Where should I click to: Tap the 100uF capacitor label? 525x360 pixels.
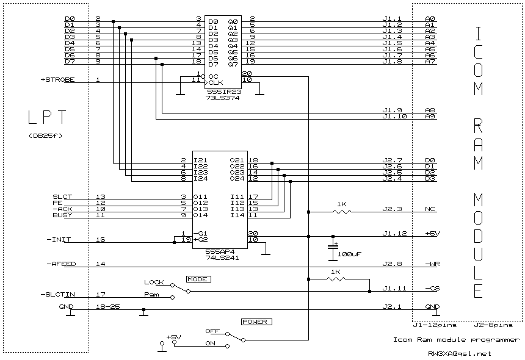[x=350, y=253]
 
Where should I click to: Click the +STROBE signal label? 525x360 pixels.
[x=57, y=80]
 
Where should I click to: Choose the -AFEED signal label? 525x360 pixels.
[x=60, y=264]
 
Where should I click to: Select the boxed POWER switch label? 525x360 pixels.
[x=256, y=321]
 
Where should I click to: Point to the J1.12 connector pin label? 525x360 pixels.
[x=393, y=233]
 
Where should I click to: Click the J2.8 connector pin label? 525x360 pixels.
[x=391, y=264]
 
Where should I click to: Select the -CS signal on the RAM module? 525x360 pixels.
[x=431, y=288]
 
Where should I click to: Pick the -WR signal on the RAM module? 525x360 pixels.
[x=431, y=264]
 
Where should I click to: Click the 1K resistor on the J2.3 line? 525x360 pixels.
[x=342, y=212]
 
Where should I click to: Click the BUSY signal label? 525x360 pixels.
[x=62, y=215]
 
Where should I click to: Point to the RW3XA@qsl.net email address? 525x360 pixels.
[x=459, y=353]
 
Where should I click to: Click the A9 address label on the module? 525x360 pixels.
[x=430, y=116]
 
